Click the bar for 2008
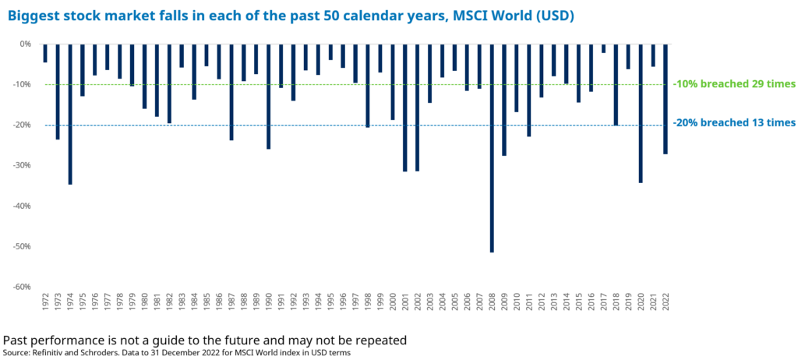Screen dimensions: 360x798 (492, 147)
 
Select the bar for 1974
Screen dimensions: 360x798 (70, 114)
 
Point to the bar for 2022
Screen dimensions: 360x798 (666, 99)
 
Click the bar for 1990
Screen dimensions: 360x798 (268, 96)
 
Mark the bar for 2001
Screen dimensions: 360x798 (404, 108)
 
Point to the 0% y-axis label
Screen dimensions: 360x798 (26, 44)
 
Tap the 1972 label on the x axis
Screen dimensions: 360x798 (45, 302)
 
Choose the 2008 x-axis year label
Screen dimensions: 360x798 (492, 302)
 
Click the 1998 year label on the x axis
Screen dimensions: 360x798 (368, 302)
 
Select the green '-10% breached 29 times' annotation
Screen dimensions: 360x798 (733, 83)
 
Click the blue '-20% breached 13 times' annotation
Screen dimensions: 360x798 (733, 122)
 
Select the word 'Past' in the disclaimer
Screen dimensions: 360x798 (18, 341)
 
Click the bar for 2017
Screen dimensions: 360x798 (603, 48)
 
